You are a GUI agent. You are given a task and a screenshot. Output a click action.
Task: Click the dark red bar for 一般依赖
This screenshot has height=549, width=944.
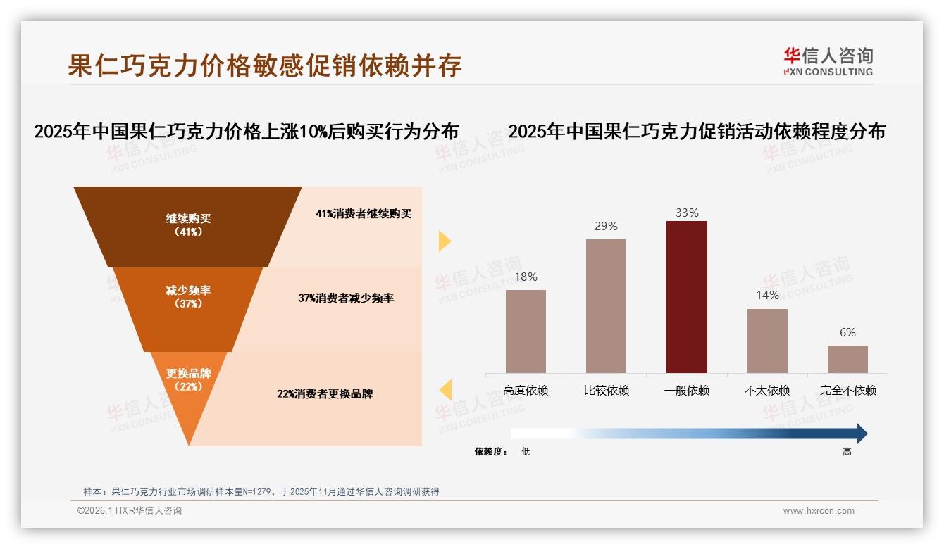coord(686,296)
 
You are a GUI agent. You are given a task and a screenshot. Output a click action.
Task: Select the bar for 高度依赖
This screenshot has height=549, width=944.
coord(526,331)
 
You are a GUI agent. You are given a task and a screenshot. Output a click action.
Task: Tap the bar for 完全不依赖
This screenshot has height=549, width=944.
coord(847,359)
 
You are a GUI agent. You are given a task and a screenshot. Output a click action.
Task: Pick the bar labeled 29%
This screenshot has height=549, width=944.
coord(606,305)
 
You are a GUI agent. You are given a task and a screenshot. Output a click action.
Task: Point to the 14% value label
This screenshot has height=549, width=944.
coord(767,296)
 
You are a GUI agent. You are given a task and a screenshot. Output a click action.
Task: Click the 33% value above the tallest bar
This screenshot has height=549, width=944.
coord(687,213)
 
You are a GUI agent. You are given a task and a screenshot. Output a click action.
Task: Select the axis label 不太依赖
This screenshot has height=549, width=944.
coord(767,391)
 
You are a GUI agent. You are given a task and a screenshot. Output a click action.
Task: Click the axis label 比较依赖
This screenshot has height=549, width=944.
coord(606,391)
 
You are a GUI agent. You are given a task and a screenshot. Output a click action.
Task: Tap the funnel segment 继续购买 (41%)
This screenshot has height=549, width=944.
coord(188,225)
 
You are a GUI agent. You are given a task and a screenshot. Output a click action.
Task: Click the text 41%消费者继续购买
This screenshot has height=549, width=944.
coord(363,214)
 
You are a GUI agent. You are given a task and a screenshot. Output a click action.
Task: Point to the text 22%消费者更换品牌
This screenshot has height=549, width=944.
coord(325,394)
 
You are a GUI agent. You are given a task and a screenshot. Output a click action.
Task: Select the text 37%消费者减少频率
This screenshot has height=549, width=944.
coord(345,298)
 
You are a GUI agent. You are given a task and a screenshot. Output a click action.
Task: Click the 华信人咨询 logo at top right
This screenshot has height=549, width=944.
coord(828,62)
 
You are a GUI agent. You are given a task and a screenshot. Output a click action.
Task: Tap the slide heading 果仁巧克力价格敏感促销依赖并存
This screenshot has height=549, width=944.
coord(265,65)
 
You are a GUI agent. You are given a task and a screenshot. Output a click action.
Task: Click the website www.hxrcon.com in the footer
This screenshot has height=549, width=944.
coord(819,511)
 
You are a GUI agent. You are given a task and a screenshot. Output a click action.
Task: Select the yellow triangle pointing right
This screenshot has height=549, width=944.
coord(445,241)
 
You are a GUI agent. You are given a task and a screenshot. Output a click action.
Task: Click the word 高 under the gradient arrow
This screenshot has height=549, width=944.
coord(847,452)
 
